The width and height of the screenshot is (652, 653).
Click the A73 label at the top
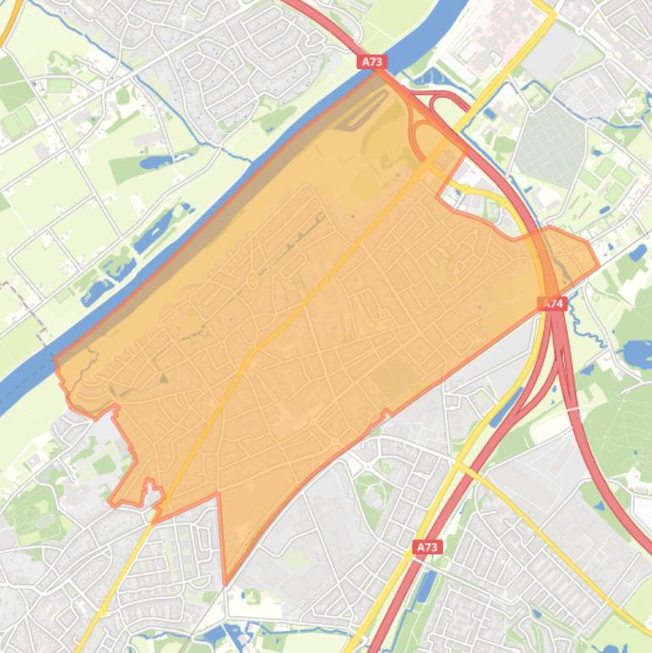(x=372, y=62)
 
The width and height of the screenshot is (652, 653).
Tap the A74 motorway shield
(x=553, y=303)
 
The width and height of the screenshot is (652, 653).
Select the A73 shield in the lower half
(x=427, y=547)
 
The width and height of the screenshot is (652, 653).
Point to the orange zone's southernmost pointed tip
(x=226, y=583)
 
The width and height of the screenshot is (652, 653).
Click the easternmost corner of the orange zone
(x=599, y=265)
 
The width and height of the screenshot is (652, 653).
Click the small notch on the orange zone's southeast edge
(x=387, y=414)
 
